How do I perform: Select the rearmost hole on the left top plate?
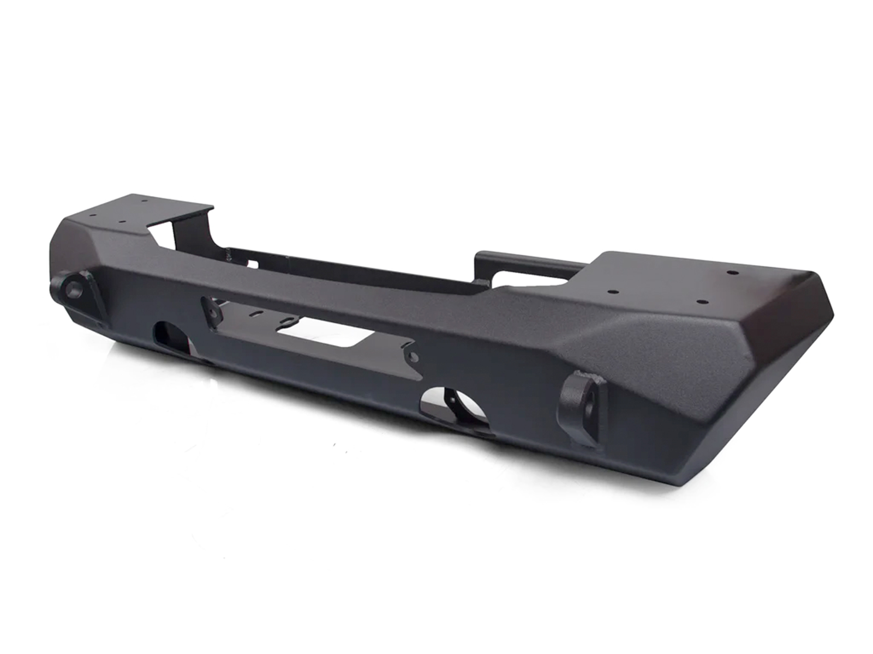(144, 201)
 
